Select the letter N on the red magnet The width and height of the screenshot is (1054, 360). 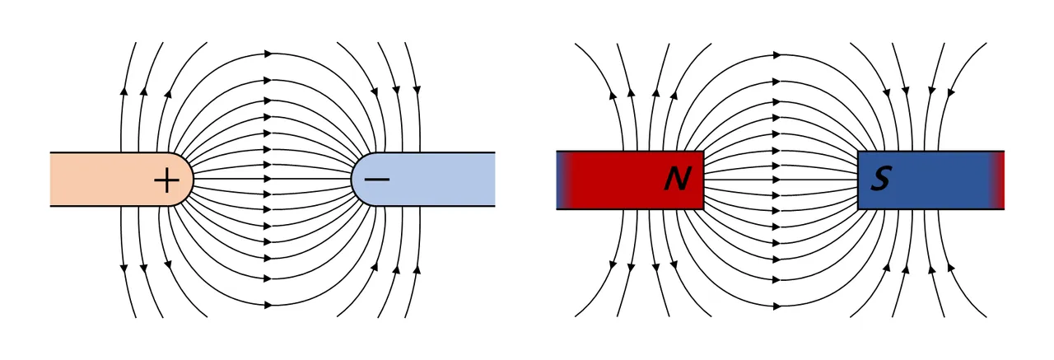click(x=678, y=180)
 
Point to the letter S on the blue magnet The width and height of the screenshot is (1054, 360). click(x=880, y=180)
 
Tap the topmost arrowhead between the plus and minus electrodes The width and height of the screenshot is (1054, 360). click(x=267, y=54)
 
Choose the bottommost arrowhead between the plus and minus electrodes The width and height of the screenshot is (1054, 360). click(x=267, y=304)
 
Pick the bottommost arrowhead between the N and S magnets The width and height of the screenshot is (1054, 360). click(x=777, y=304)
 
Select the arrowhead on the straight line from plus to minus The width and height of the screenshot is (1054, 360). click(x=267, y=179)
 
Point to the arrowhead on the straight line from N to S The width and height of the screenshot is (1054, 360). click(x=777, y=180)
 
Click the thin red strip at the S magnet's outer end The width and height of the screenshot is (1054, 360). click(x=1000, y=180)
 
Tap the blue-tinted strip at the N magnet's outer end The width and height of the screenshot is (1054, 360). click(x=561, y=180)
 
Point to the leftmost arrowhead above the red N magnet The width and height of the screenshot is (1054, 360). click(x=613, y=94)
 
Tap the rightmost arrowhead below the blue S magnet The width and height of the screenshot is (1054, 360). click(x=949, y=265)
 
